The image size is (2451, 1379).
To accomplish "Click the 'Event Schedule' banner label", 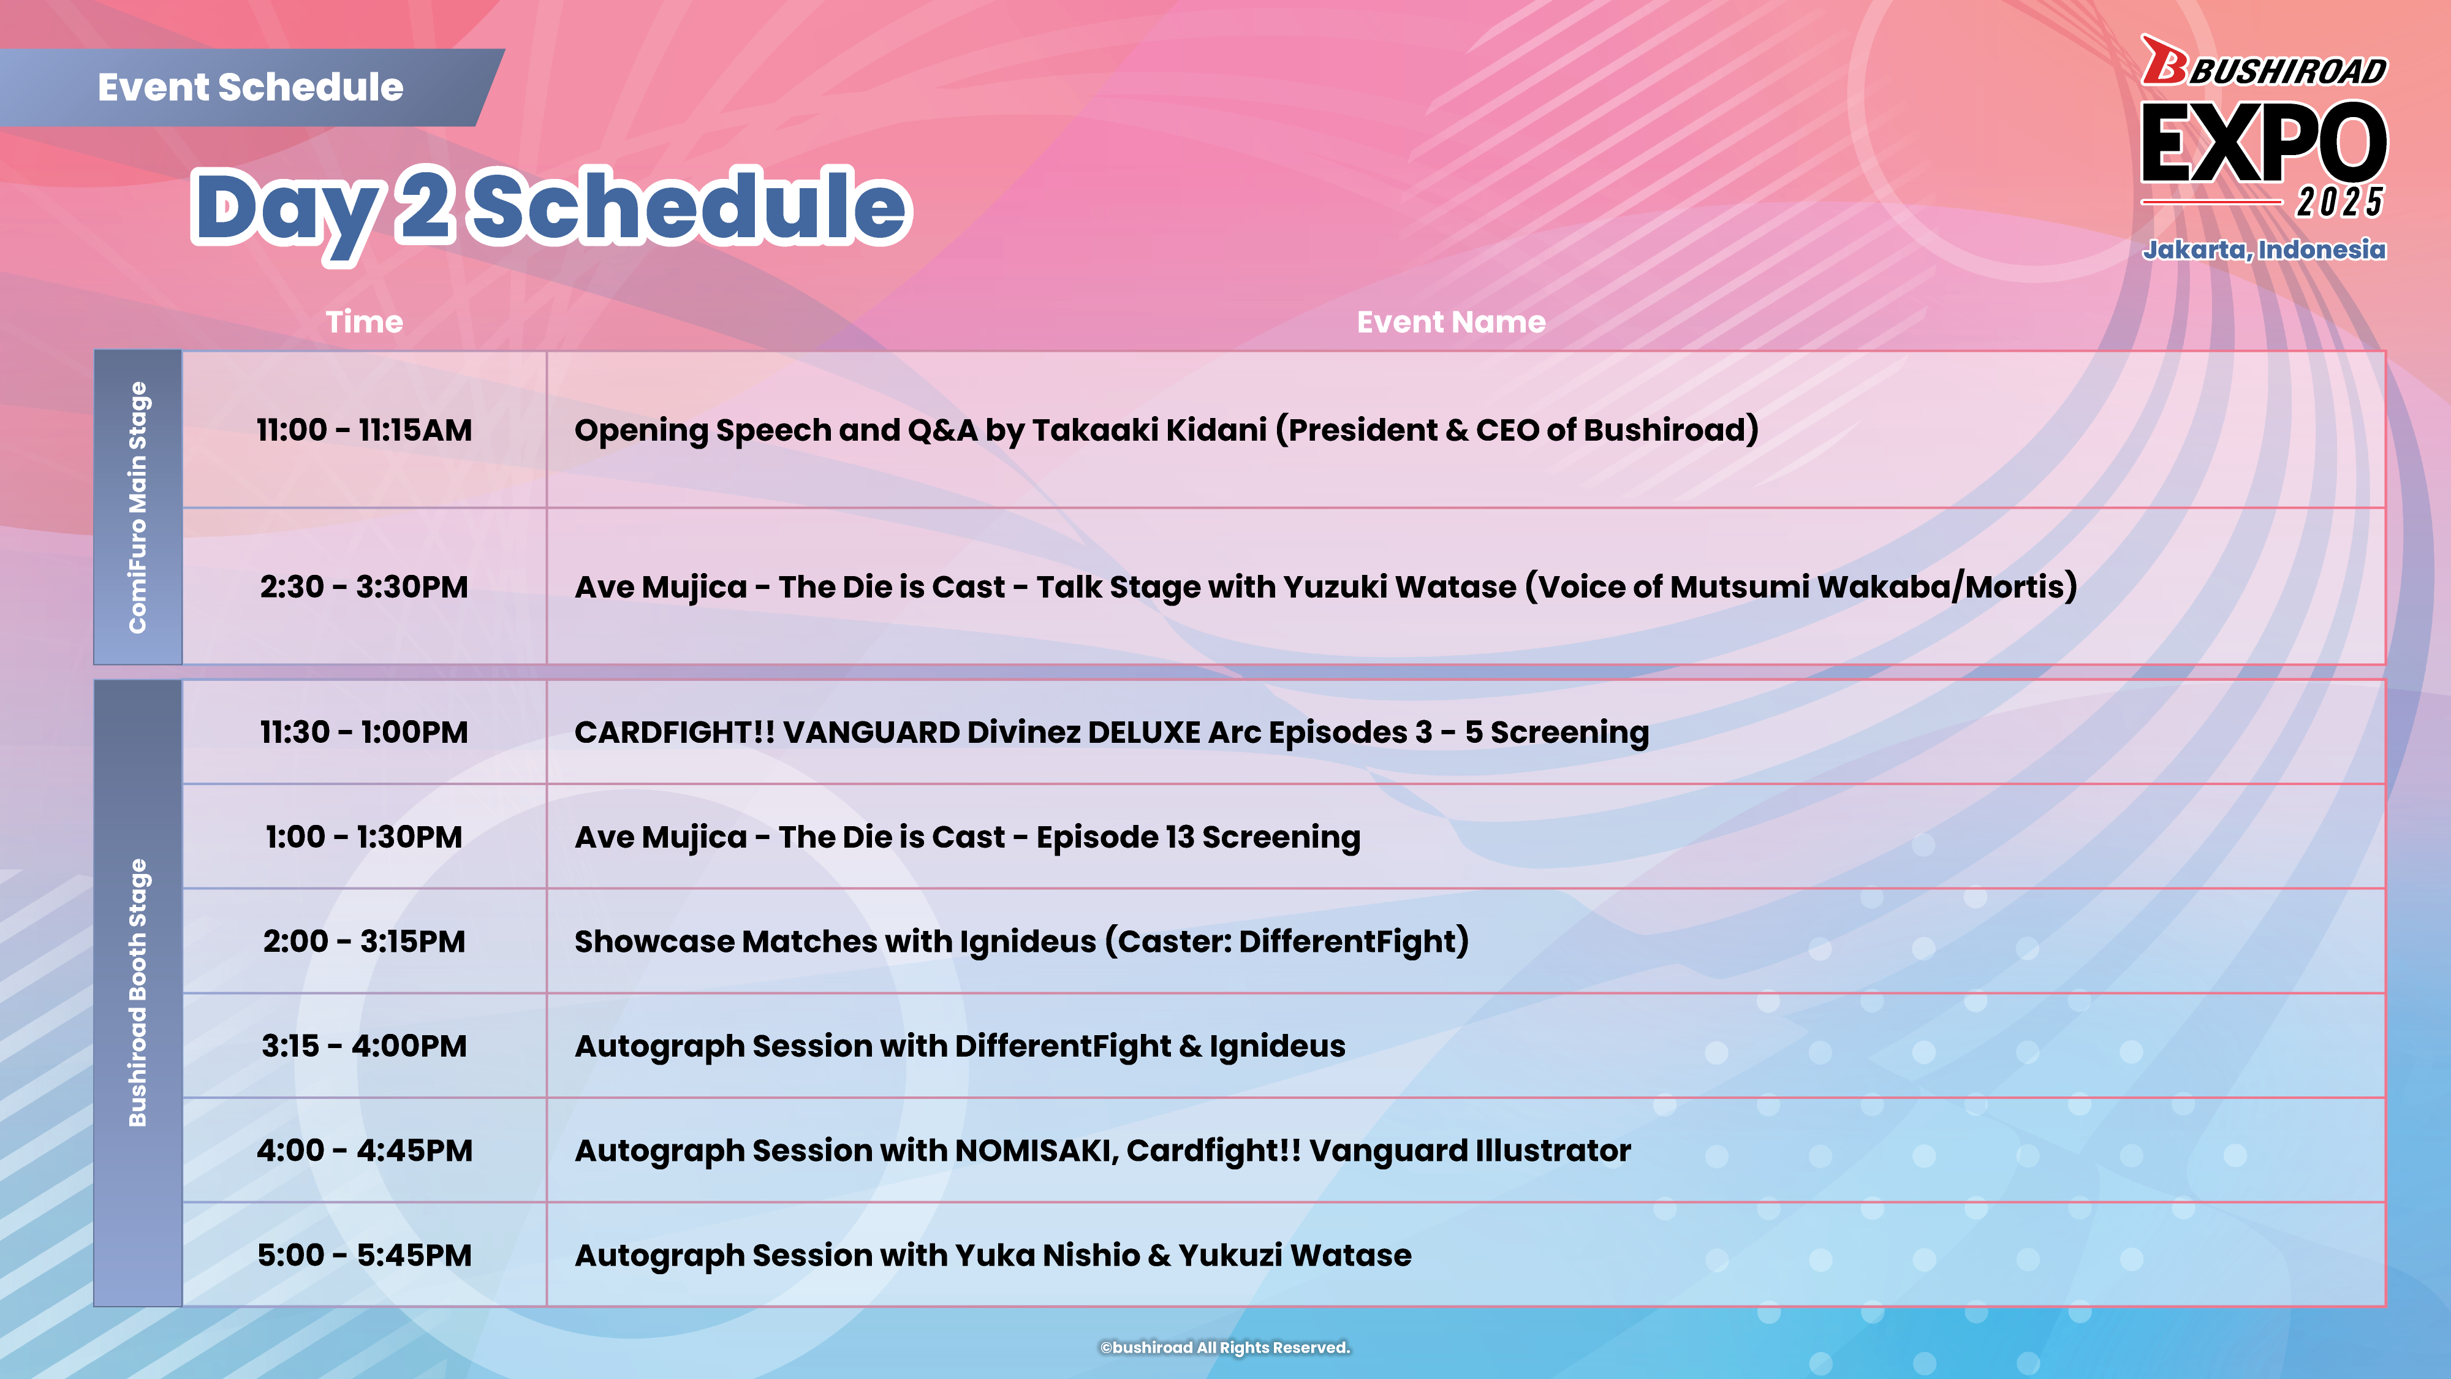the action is pyautogui.click(x=250, y=88).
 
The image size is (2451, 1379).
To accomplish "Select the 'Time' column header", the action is pyautogui.click(x=365, y=322).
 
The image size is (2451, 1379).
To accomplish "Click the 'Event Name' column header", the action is pyautogui.click(x=1451, y=322).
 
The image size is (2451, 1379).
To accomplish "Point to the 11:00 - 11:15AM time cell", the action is pyautogui.click(x=365, y=430).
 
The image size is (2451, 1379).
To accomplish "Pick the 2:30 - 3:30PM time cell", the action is pyautogui.click(x=365, y=587).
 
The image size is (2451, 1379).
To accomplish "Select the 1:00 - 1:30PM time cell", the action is pyautogui.click(x=365, y=837).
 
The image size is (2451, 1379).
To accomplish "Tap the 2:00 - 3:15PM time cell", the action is pyautogui.click(x=365, y=942).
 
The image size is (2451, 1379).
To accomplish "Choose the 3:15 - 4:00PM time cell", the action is pyautogui.click(x=365, y=1047).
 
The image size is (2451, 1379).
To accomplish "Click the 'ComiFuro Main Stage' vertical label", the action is pyautogui.click(x=138, y=507).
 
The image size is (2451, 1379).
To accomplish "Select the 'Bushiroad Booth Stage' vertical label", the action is pyautogui.click(x=138, y=993).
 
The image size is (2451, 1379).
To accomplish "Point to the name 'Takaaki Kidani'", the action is pyautogui.click(x=1150, y=430).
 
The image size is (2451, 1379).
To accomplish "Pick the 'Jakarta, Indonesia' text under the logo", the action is pyautogui.click(x=2265, y=250).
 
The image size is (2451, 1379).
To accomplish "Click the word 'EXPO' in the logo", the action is pyautogui.click(x=2265, y=143).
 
